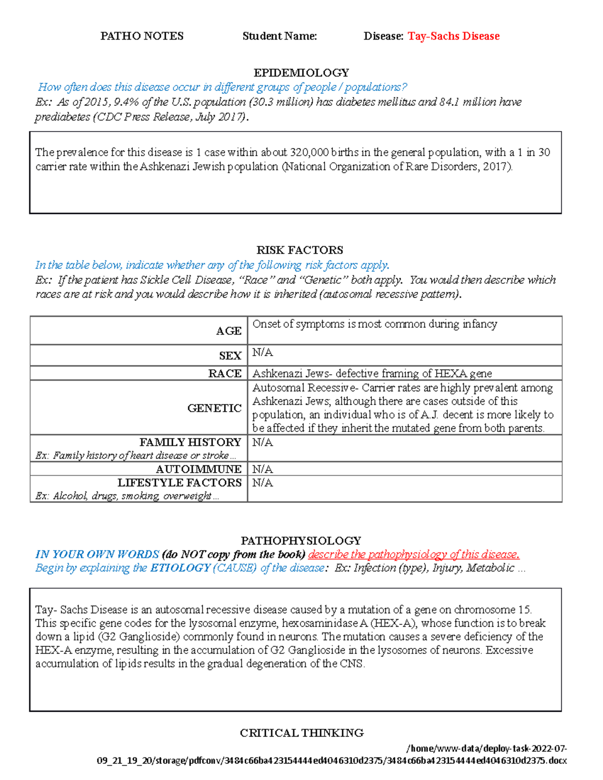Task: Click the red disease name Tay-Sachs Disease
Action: [x=453, y=36]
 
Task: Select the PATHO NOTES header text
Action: [x=142, y=36]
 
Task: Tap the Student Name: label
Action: [x=279, y=36]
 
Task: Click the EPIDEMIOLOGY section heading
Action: [x=301, y=73]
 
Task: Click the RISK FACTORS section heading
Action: [x=300, y=250]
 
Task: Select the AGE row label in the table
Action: [x=229, y=331]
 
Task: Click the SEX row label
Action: [x=230, y=356]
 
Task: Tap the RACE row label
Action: [x=225, y=373]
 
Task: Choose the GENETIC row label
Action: [x=215, y=408]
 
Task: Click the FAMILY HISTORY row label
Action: [x=190, y=442]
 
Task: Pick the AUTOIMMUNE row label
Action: [x=198, y=469]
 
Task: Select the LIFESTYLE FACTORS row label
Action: [x=179, y=483]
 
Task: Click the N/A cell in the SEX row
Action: [x=262, y=353]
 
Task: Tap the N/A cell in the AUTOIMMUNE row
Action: [x=262, y=469]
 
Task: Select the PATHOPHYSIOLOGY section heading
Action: [x=300, y=540]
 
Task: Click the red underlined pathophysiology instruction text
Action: [x=414, y=554]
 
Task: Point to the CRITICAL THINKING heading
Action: [x=301, y=733]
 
